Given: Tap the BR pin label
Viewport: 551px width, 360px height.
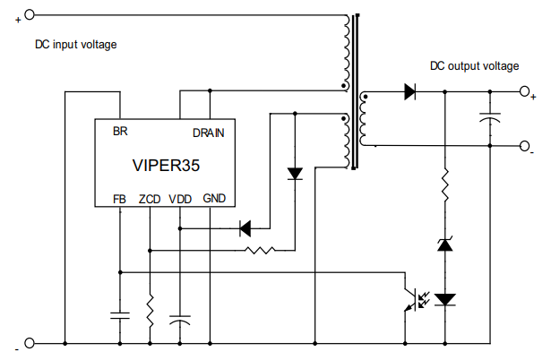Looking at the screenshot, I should [119, 132].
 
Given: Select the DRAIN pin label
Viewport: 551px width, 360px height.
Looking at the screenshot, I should [208, 133].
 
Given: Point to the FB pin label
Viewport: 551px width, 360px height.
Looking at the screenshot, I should [119, 199].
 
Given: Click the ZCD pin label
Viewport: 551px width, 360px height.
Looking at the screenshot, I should [150, 199].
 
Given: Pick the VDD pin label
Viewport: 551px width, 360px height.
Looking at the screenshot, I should [180, 199].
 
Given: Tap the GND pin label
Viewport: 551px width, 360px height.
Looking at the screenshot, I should [214, 198].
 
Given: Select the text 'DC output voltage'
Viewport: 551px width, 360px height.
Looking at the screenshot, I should [474, 66].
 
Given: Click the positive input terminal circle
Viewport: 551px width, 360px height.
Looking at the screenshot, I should [29, 14].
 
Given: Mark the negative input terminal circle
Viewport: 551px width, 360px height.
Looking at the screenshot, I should [29, 343].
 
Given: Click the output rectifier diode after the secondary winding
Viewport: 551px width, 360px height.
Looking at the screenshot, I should [411, 91].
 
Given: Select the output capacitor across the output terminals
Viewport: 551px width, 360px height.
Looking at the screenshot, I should [490, 117].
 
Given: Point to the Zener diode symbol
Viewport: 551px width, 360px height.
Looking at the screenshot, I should [444, 244].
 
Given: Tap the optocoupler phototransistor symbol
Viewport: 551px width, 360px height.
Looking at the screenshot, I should [413, 298].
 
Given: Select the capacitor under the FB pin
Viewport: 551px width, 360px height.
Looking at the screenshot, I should [119, 314].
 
